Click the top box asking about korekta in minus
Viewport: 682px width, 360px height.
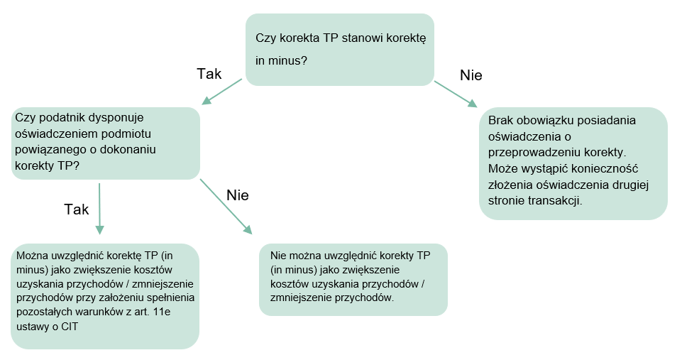[340, 50]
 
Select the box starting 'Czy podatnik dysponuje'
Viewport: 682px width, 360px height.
[106, 143]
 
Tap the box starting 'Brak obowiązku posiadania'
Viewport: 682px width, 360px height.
[573, 163]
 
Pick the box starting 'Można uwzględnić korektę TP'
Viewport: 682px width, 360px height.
[105, 296]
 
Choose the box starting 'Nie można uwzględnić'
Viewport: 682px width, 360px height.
[353, 280]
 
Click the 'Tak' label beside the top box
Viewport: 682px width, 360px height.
[209, 74]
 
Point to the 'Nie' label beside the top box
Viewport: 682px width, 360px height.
[471, 75]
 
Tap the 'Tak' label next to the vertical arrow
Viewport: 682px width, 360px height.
[77, 209]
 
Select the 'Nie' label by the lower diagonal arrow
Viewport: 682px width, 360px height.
[238, 195]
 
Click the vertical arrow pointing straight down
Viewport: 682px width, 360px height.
[99, 209]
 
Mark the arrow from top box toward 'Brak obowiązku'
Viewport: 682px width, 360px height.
[456, 94]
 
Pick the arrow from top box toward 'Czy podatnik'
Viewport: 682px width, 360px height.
[221, 92]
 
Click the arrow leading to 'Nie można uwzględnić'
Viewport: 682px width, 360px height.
[226, 207]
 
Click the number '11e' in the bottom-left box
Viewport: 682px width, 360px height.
[163, 312]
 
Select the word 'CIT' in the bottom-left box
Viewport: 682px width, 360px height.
[70, 327]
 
